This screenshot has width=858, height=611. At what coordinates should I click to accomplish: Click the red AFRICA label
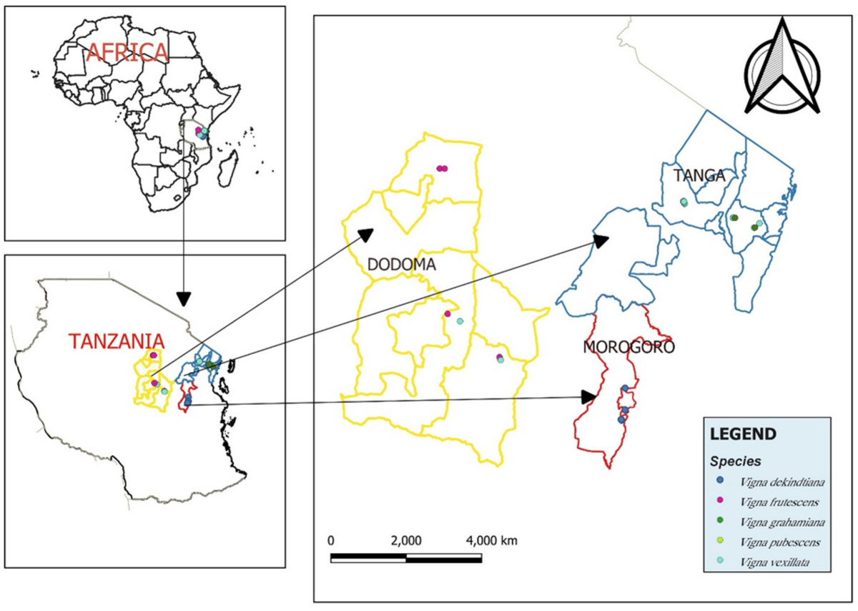pos(127,52)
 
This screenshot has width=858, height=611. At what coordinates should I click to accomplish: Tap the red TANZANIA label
pos(115,341)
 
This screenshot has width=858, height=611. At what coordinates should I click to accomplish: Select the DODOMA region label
pos(402,265)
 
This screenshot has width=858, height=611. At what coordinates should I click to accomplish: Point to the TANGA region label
pos(699,175)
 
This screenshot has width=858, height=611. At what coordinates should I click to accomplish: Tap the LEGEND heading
pos(743,434)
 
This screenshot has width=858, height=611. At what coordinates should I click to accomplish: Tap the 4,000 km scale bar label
pos(491,539)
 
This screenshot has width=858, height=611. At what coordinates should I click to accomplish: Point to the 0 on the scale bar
pos(330,539)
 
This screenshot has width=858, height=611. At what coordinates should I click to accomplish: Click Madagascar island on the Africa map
pos(230,170)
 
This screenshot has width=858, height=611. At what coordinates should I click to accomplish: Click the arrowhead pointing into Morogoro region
pos(588,396)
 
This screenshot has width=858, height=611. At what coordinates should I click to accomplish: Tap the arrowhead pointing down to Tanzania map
pos(184,298)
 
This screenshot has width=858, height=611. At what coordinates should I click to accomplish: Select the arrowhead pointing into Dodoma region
pos(365,235)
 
